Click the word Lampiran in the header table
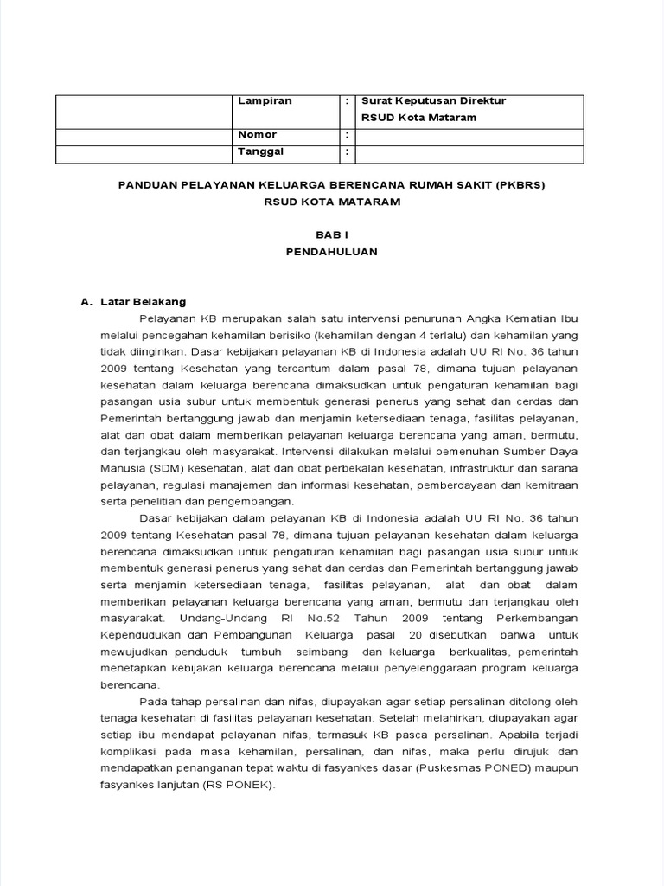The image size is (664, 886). pyautogui.click(x=265, y=101)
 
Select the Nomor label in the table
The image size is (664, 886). pyautogui.click(x=258, y=135)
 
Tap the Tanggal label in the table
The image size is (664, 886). pyautogui.click(x=260, y=151)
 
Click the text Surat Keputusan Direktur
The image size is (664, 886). pyautogui.click(x=433, y=101)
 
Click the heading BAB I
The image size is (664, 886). pyautogui.click(x=332, y=234)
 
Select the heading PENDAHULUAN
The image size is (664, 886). pyautogui.click(x=332, y=252)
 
